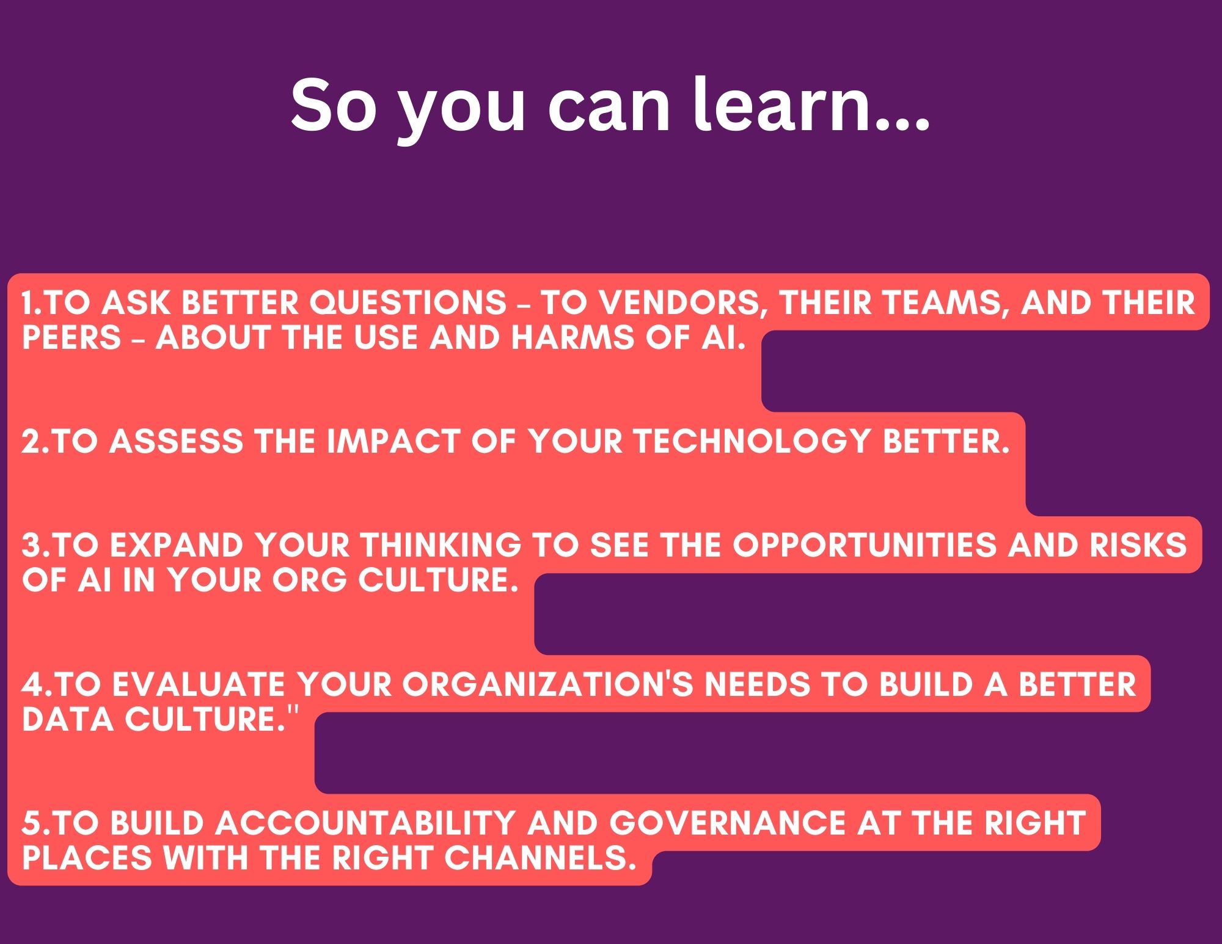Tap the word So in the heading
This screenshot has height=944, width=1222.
334,105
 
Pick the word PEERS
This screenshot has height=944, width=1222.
71,337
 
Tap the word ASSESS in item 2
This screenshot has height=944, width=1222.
176,441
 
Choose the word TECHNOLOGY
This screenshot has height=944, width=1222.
752,441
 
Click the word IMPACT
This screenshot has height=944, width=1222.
393,441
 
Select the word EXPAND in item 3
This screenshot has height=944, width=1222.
176,545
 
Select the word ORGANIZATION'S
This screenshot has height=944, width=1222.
547,684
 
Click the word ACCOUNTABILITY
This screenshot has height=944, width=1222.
365,822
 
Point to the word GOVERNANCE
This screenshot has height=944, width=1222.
728,822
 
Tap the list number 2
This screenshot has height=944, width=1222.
31,441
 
